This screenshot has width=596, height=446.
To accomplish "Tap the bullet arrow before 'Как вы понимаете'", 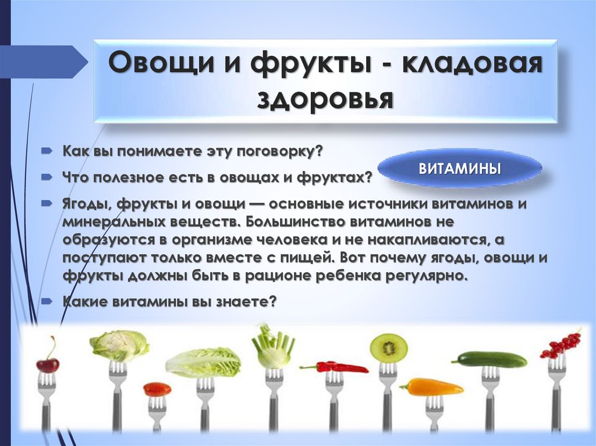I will click(x=47, y=151).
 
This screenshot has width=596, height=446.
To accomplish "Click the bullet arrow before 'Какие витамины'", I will click(x=47, y=302).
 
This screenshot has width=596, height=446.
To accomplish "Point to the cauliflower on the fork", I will click(x=119, y=345).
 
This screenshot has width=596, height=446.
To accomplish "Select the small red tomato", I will click(x=157, y=389).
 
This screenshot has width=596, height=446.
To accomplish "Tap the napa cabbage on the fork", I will click(x=203, y=362).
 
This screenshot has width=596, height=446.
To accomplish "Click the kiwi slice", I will click(x=388, y=347).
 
